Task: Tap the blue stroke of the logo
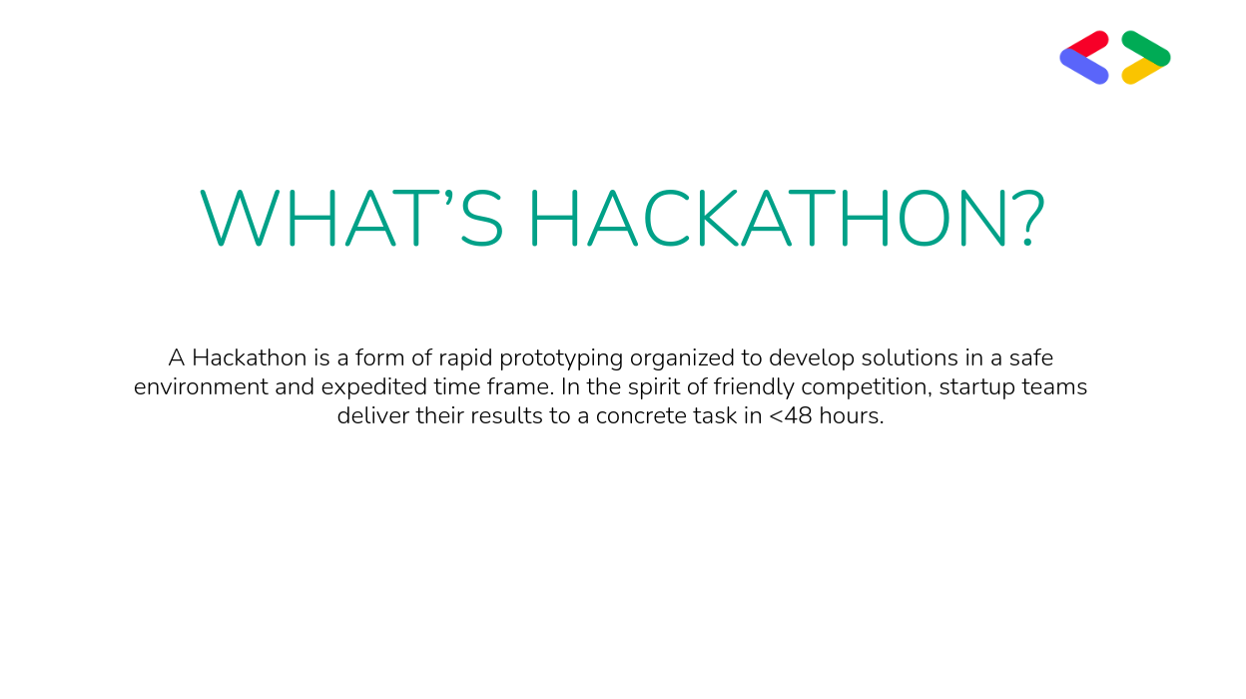[1084, 67]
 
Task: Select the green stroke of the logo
[1146, 48]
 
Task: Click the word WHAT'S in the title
[351, 218]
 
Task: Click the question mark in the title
[1030, 218]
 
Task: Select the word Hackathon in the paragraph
[250, 357]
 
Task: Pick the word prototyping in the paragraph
[561, 358]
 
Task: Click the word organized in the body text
[682, 358]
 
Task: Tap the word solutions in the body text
[910, 357]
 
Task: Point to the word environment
[201, 386]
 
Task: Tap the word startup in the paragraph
[977, 387]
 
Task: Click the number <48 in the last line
[791, 416]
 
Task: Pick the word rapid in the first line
[465, 358]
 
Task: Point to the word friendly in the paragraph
[754, 387]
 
